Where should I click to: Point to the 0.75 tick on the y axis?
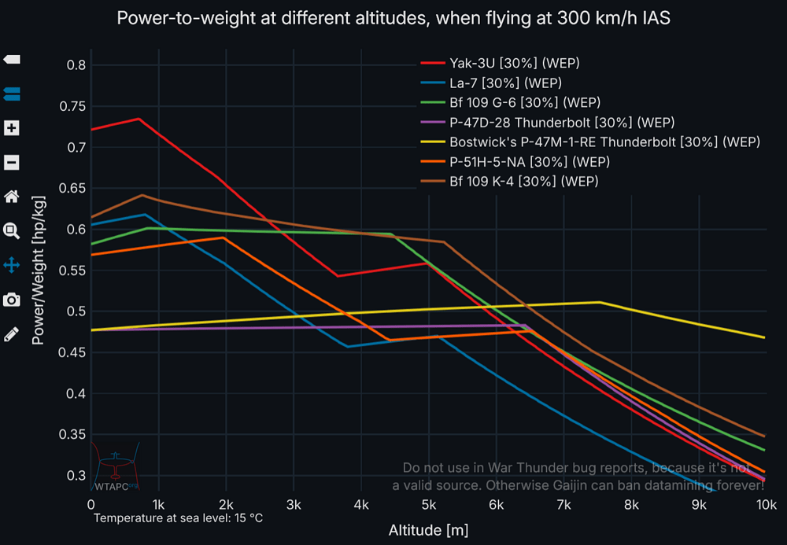pyautogui.click(x=76, y=106)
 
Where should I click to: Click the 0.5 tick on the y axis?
pyautogui.click(x=79, y=311)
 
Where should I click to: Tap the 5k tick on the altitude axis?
pyautogui.click(x=429, y=503)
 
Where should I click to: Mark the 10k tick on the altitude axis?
pyautogui.click(x=766, y=503)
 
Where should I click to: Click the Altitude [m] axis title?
pyautogui.click(x=428, y=530)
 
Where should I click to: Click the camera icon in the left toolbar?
pyautogui.click(x=12, y=300)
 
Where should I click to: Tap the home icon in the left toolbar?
pyautogui.click(x=12, y=197)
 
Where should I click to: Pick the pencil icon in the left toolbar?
pyautogui.click(x=12, y=334)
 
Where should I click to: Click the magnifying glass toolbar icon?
pyautogui.click(x=12, y=230)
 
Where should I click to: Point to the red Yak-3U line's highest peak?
pyautogui.click(x=139, y=119)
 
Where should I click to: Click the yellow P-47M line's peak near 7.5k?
pyautogui.click(x=600, y=302)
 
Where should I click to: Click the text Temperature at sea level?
pyautogui.click(x=178, y=518)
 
